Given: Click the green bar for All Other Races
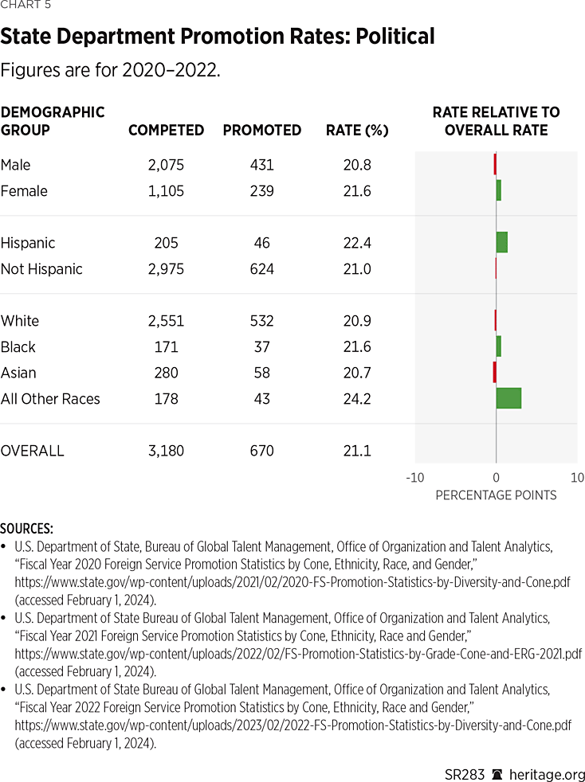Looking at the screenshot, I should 508,398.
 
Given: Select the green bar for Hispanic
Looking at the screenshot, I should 501,242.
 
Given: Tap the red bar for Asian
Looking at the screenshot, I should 494,372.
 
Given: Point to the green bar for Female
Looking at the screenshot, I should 498,190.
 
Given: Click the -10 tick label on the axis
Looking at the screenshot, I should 414,478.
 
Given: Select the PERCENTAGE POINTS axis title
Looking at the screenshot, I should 496,495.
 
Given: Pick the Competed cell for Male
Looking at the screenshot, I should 166,165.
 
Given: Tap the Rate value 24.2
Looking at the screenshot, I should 355,399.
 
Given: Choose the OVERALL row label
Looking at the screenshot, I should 33,451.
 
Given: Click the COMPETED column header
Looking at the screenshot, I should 166,131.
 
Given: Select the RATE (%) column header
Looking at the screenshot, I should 357,131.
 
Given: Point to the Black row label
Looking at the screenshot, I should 18,347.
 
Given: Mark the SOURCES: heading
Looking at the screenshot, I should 27,529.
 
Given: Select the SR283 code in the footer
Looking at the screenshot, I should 464,774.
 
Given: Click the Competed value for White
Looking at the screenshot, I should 166,321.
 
